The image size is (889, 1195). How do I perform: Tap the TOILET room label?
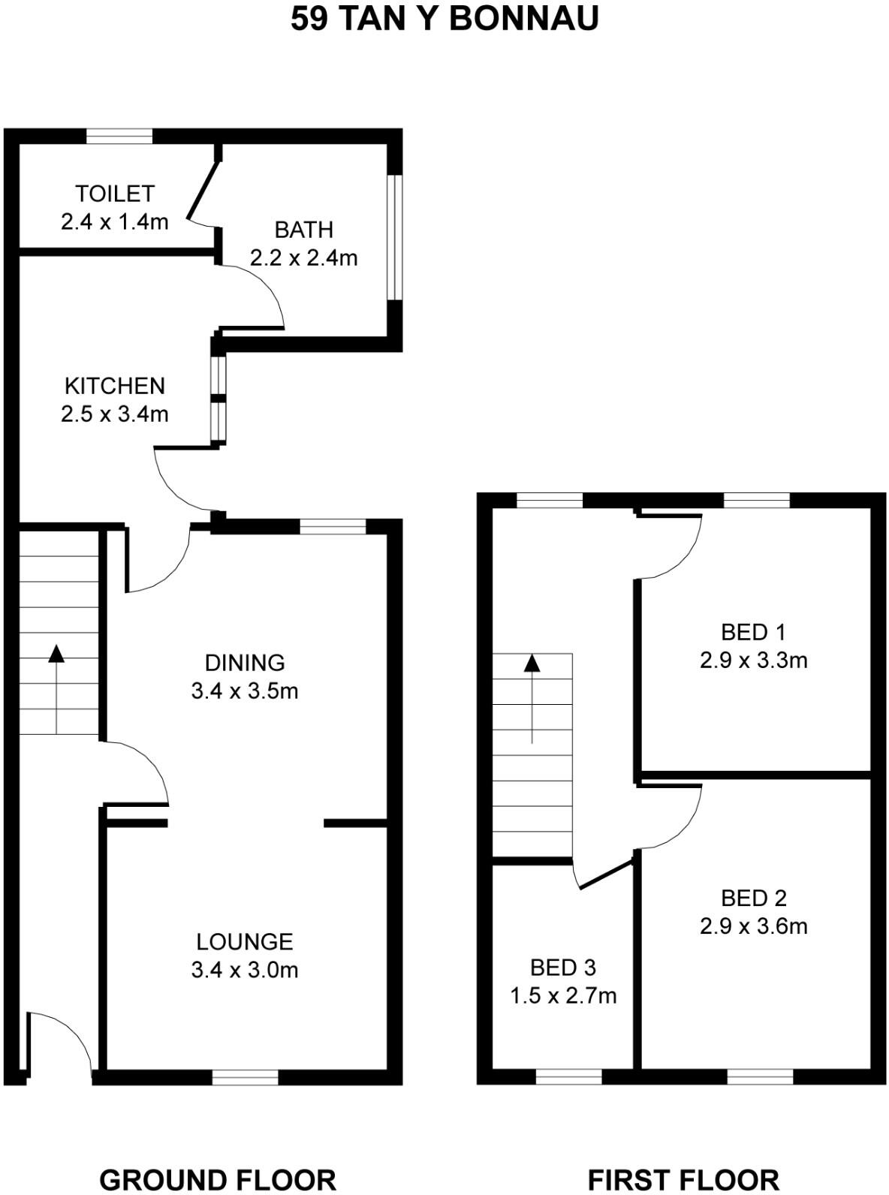point(115,194)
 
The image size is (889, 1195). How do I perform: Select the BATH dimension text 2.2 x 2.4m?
point(303,258)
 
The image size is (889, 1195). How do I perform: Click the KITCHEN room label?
point(115,386)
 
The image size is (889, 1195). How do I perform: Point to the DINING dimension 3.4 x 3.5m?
point(245,691)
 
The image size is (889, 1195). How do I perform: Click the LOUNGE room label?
point(245,942)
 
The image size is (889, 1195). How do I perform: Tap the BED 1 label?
point(753,632)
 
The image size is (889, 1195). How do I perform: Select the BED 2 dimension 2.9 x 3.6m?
point(753,926)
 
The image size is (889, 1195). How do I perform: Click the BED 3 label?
point(563,968)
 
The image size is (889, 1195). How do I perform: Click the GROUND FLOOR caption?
point(218,1179)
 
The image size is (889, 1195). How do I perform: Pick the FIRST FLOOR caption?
point(683,1179)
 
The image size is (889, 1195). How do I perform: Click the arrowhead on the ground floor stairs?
point(56,653)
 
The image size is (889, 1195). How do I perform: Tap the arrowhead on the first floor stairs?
point(532,663)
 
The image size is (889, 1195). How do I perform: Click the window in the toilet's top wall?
point(119,136)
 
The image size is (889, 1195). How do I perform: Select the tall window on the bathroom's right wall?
point(395,237)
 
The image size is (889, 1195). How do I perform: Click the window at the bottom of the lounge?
point(245,1078)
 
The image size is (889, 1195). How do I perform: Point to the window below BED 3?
point(569,1078)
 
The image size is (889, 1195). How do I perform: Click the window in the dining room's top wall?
point(333,527)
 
